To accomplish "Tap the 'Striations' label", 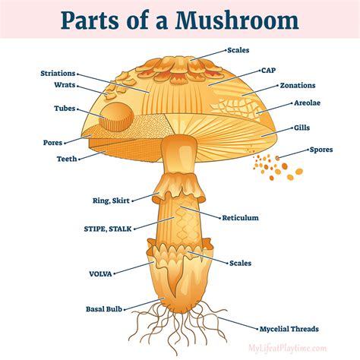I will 58,74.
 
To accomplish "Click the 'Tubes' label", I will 65,108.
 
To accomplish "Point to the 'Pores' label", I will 53,142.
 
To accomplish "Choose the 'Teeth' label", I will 66,159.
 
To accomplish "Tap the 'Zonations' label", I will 297,86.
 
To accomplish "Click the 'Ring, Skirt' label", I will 109,201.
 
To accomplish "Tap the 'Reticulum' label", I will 240,217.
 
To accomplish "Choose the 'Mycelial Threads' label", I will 288,329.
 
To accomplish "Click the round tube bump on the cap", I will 115,116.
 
